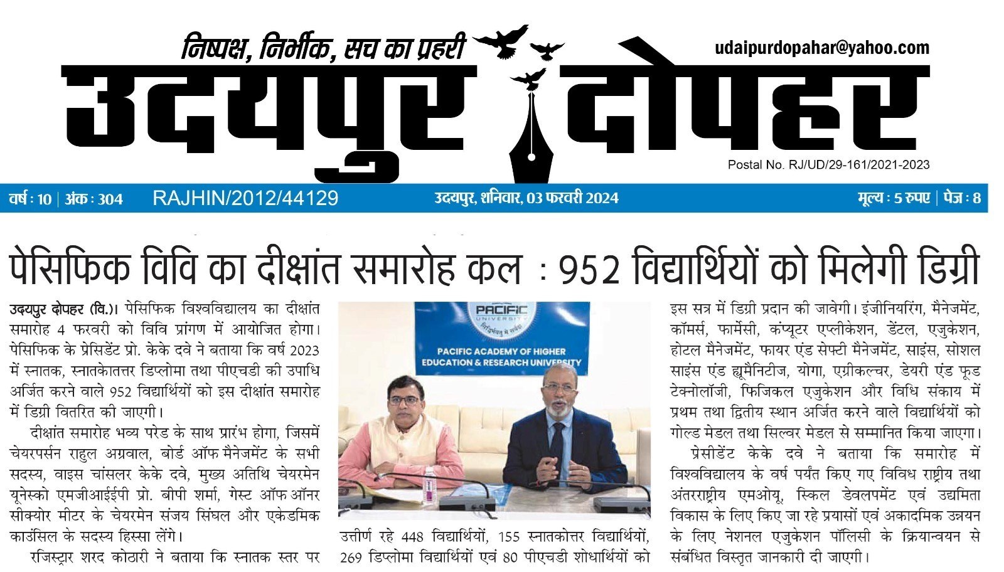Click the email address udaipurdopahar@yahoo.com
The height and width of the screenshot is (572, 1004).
pyautogui.click(x=821, y=48)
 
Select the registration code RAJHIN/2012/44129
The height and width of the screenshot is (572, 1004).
pyautogui.click(x=245, y=198)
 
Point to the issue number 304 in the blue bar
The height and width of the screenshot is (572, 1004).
pyautogui.click(x=110, y=199)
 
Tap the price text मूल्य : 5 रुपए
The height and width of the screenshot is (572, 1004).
pyautogui.click(x=894, y=198)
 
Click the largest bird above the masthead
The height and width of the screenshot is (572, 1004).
pyautogui.click(x=501, y=41)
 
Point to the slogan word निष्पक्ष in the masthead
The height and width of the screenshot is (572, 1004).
pyautogui.click(x=213, y=48)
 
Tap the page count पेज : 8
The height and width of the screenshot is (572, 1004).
pyautogui.click(x=963, y=198)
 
